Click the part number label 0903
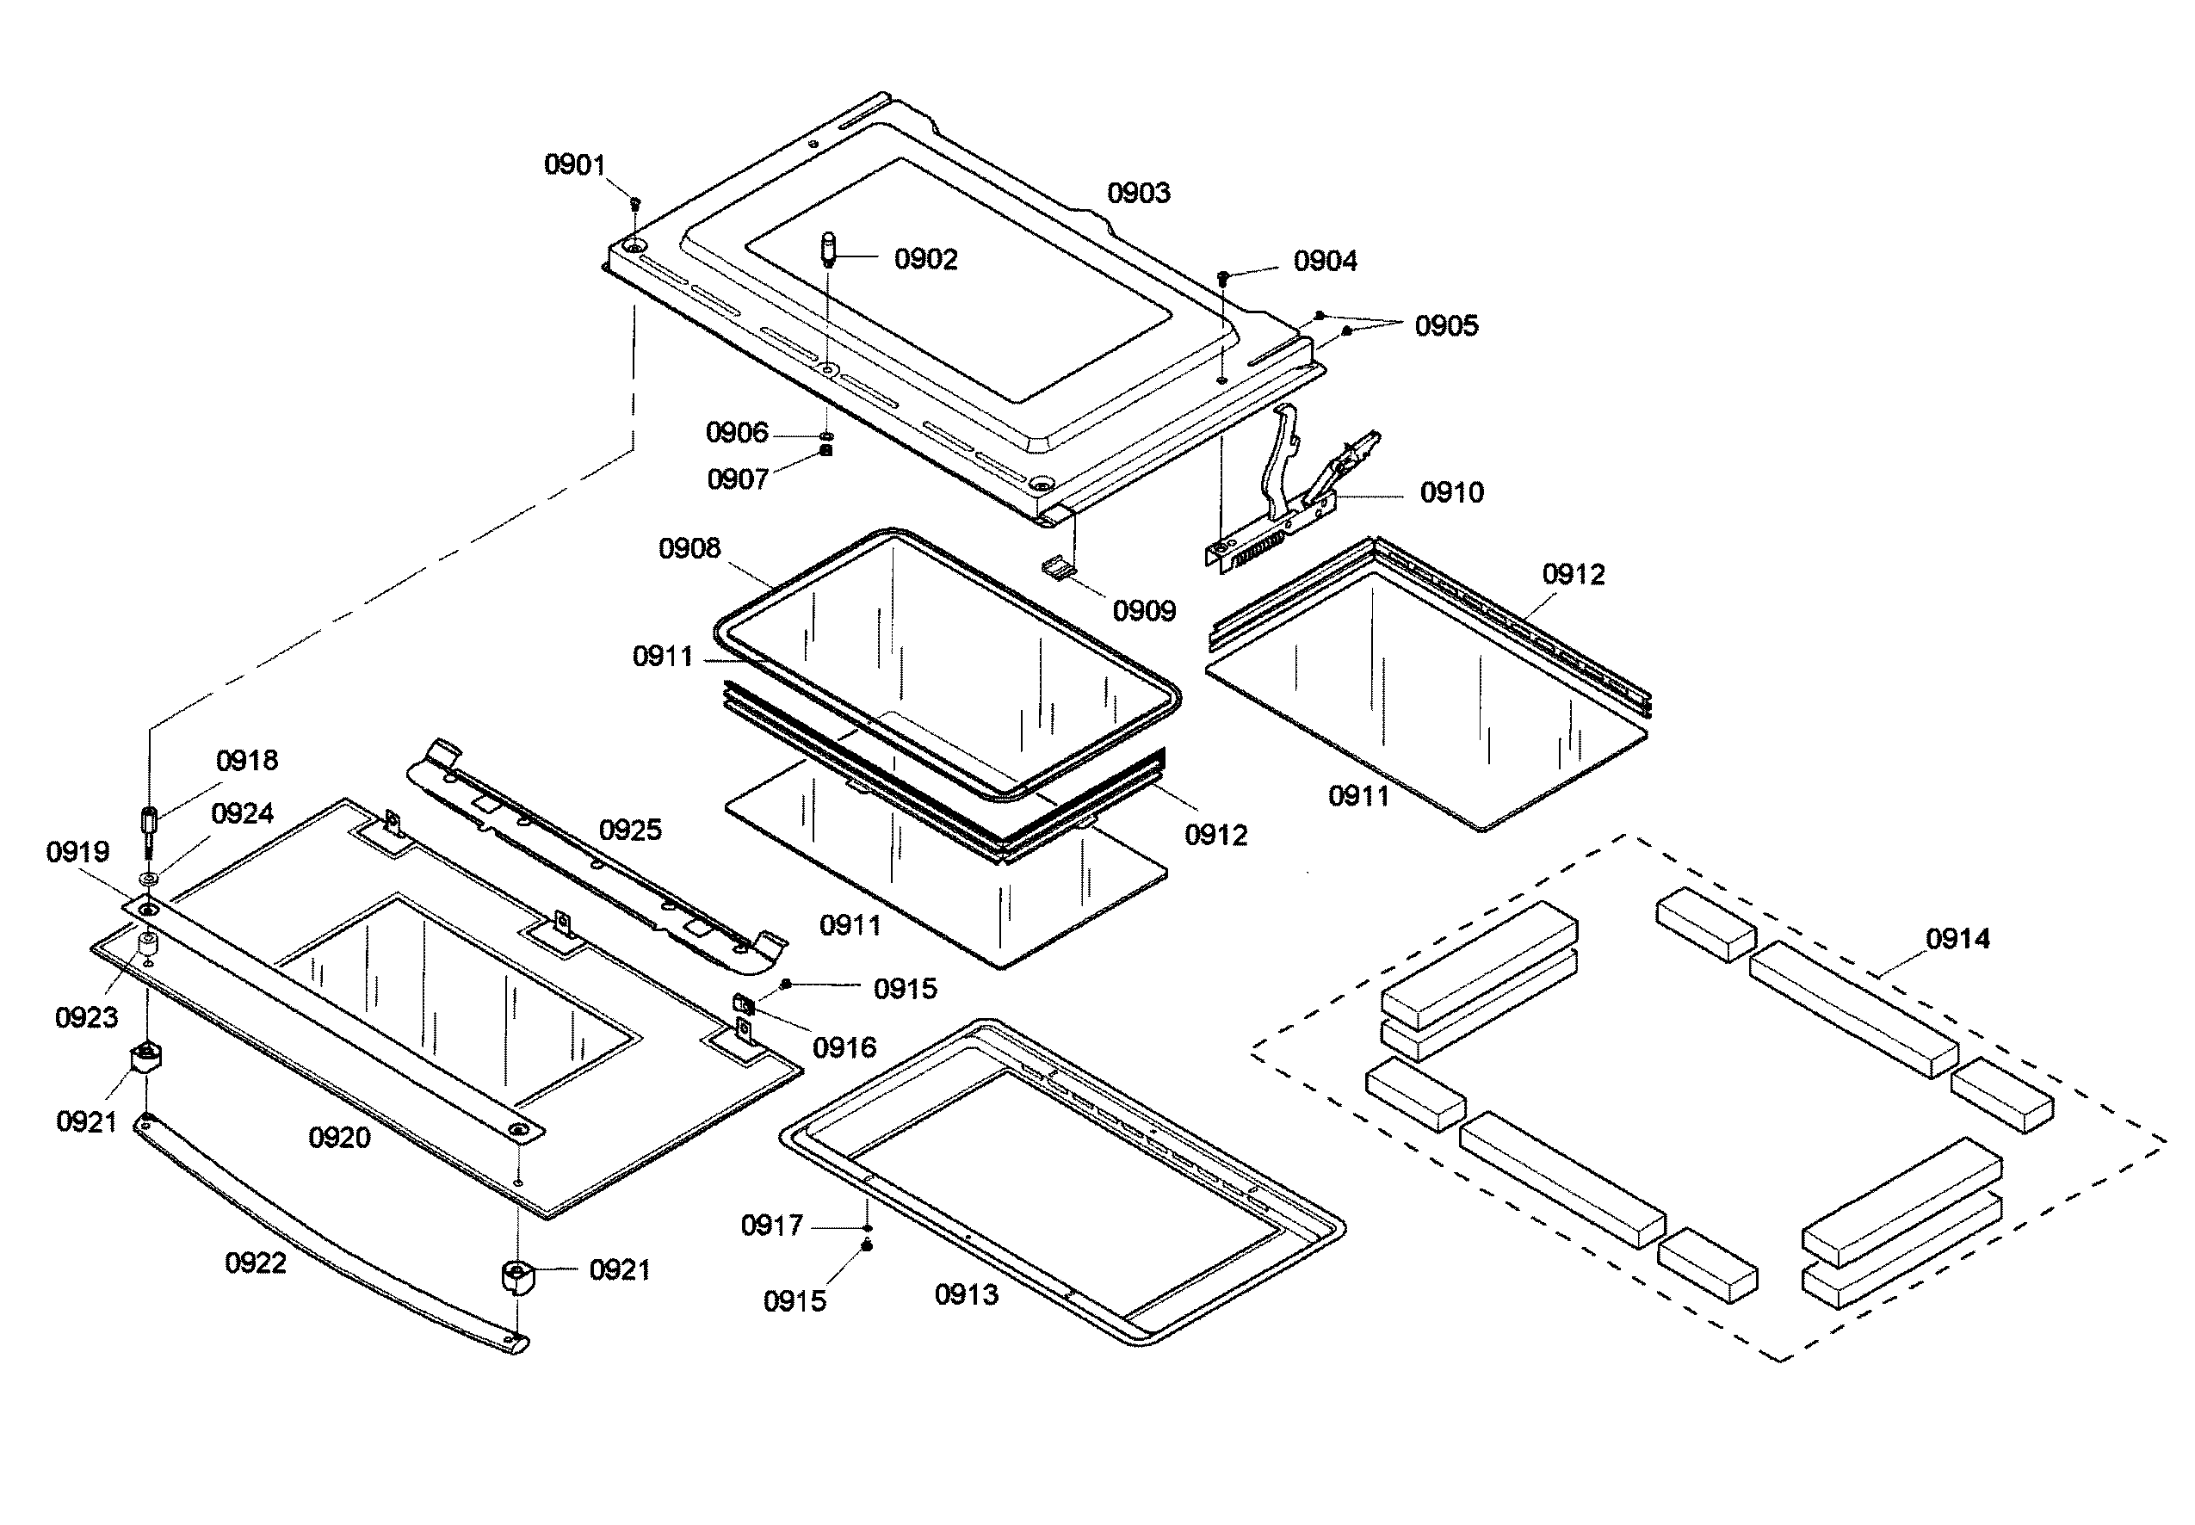tap(1137, 193)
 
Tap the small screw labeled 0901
tap(634, 202)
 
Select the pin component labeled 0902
tap(828, 250)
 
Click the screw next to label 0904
tap(1222, 277)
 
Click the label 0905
tap(1445, 326)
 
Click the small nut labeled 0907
tap(826, 450)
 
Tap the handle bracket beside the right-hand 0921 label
tap(515, 1276)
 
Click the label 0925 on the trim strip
tap(630, 830)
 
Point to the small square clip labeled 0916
tap(743, 1004)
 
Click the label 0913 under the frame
tap(965, 1294)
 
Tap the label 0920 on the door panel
tap(338, 1138)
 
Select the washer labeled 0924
tap(149, 877)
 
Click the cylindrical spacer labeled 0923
tap(148, 945)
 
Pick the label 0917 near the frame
tap(771, 1225)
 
